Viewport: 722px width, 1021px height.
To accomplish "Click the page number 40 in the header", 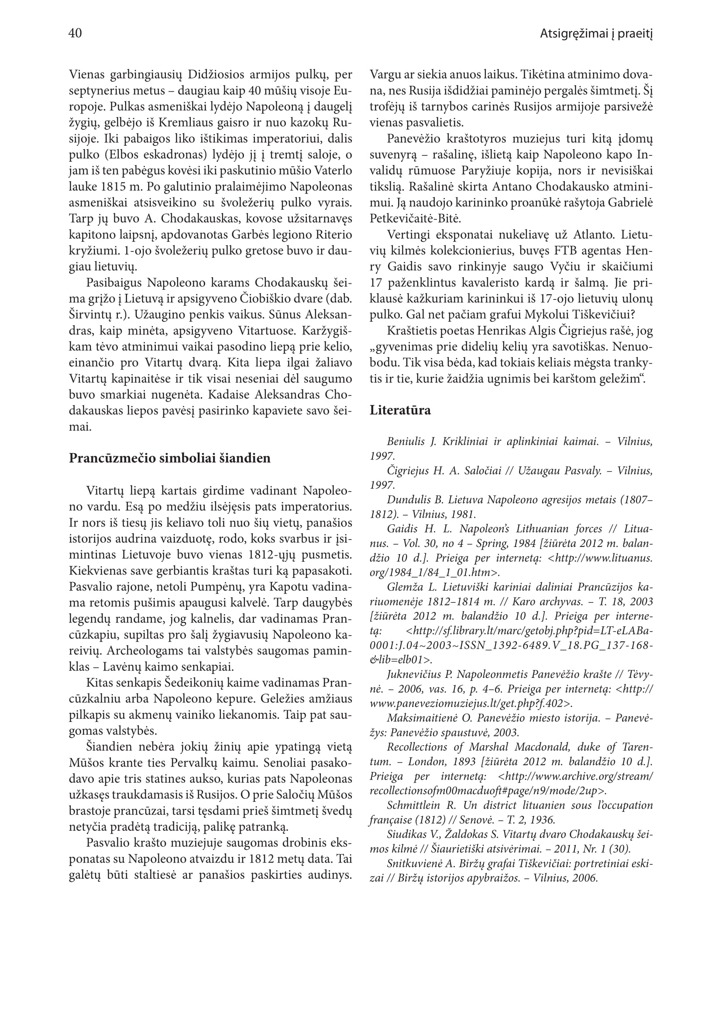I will (75, 33).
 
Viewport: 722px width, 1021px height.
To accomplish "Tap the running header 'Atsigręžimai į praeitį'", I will (596, 34).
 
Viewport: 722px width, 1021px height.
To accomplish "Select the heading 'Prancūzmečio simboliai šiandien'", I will (169, 458).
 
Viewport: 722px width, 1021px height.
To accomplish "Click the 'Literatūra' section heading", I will (400, 410).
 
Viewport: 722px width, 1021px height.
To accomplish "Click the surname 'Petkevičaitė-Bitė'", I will (416, 219).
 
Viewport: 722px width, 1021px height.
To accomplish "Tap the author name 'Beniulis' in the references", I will (405, 442).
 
